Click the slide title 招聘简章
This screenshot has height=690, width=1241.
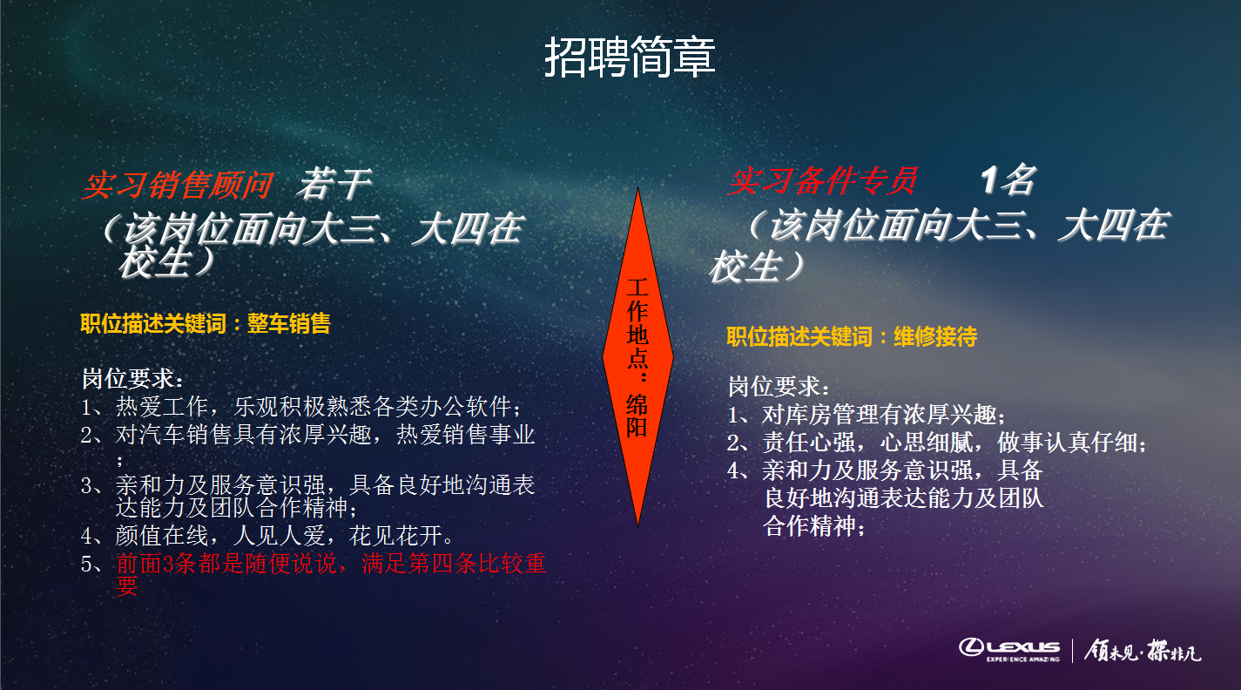pos(630,57)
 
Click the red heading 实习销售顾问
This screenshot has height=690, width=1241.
pos(178,185)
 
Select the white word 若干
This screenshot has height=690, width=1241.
pos(334,184)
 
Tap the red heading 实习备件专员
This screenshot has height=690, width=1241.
pos(823,181)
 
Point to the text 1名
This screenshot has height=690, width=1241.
pos(1008,180)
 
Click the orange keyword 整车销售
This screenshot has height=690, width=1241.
pos(288,324)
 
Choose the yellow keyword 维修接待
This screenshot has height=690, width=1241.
pos(935,336)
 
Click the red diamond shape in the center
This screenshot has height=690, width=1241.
pos(638,356)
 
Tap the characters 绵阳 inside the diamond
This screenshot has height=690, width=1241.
pos(637,416)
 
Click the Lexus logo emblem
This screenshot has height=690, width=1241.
pos(972,646)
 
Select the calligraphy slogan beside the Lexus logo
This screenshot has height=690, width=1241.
pos(1143,651)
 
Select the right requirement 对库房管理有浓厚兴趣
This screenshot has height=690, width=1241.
pos(884,415)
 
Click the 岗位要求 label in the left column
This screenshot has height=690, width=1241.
pos(132,380)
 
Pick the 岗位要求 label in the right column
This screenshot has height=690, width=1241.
pos(779,387)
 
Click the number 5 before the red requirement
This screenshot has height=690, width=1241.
pos(87,565)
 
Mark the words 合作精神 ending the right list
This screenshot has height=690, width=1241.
pos(809,526)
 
